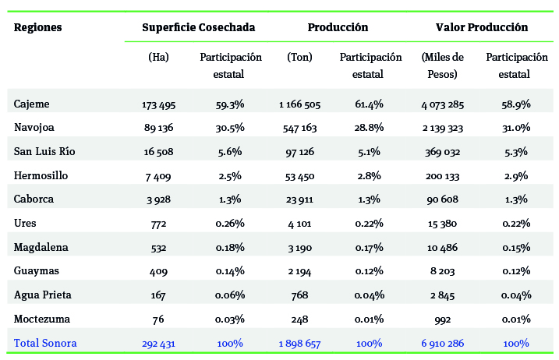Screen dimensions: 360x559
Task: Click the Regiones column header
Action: (x=38, y=27)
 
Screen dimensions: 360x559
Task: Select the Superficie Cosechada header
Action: (x=198, y=27)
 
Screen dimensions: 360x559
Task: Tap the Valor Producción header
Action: (x=481, y=27)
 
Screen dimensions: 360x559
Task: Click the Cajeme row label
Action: (x=32, y=104)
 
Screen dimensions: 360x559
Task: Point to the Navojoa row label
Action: (x=35, y=128)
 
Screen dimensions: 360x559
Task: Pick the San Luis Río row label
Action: (x=45, y=151)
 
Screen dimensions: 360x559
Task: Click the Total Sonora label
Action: (x=45, y=343)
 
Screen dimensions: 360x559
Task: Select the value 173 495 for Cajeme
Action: (x=158, y=104)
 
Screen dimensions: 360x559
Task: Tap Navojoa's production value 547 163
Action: (x=299, y=129)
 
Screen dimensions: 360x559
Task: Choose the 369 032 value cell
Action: (x=442, y=152)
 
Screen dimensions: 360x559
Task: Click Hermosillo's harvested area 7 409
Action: (x=158, y=176)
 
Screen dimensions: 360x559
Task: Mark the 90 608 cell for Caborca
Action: (x=442, y=199)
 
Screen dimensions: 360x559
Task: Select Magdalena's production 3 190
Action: (x=299, y=248)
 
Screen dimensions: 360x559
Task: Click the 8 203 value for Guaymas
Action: (x=442, y=272)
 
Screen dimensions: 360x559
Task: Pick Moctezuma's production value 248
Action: (x=299, y=319)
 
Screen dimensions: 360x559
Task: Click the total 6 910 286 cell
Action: (x=442, y=344)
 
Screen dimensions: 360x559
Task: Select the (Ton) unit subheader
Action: (x=299, y=58)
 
